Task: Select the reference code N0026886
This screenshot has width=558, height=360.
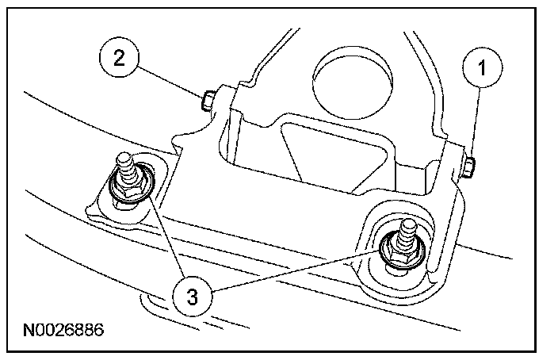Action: click(x=65, y=327)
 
